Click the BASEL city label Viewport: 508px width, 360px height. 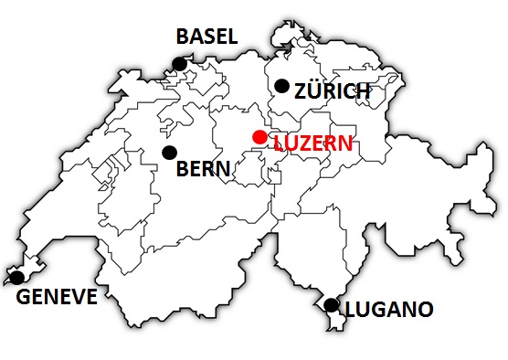[206, 37]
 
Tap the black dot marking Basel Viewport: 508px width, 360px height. [180, 64]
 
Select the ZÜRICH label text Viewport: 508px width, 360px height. [332, 90]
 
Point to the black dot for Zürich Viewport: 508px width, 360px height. [281, 86]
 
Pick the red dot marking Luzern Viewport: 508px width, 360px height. [260, 137]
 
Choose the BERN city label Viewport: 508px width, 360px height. [203, 168]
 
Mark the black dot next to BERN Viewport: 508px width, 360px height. [168, 153]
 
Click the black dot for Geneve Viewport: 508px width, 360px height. [16, 277]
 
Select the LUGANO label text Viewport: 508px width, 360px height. [388, 310]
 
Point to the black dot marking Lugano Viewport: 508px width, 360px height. [332, 305]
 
